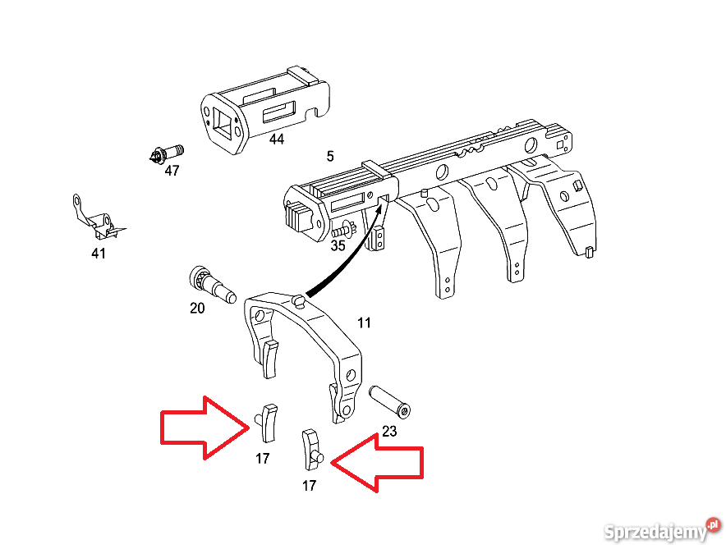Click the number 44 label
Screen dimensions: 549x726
pyautogui.click(x=277, y=140)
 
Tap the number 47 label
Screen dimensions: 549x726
pyautogui.click(x=172, y=171)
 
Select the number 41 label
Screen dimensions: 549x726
pyautogui.click(x=99, y=254)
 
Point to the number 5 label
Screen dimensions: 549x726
pyautogui.click(x=330, y=156)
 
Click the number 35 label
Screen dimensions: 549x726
pyautogui.click(x=338, y=245)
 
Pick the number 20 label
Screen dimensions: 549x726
pyautogui.click(x=197, y=308)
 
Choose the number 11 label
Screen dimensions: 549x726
pyautogui.click(x=364, y=323)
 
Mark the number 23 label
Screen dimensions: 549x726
pyautogui.click(x=389, y=430)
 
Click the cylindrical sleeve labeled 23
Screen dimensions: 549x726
pyautogui.click(x=392, y=400)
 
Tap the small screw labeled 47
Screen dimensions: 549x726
pyautogui.click(x=168, y=153)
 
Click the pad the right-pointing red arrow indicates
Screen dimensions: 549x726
pyautogui.click(x=268, y=420)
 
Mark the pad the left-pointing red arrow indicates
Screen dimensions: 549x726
pyautogui.click(x=311, y=447)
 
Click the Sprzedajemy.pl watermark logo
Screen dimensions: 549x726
pyautogui.click(x=661, y=530)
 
